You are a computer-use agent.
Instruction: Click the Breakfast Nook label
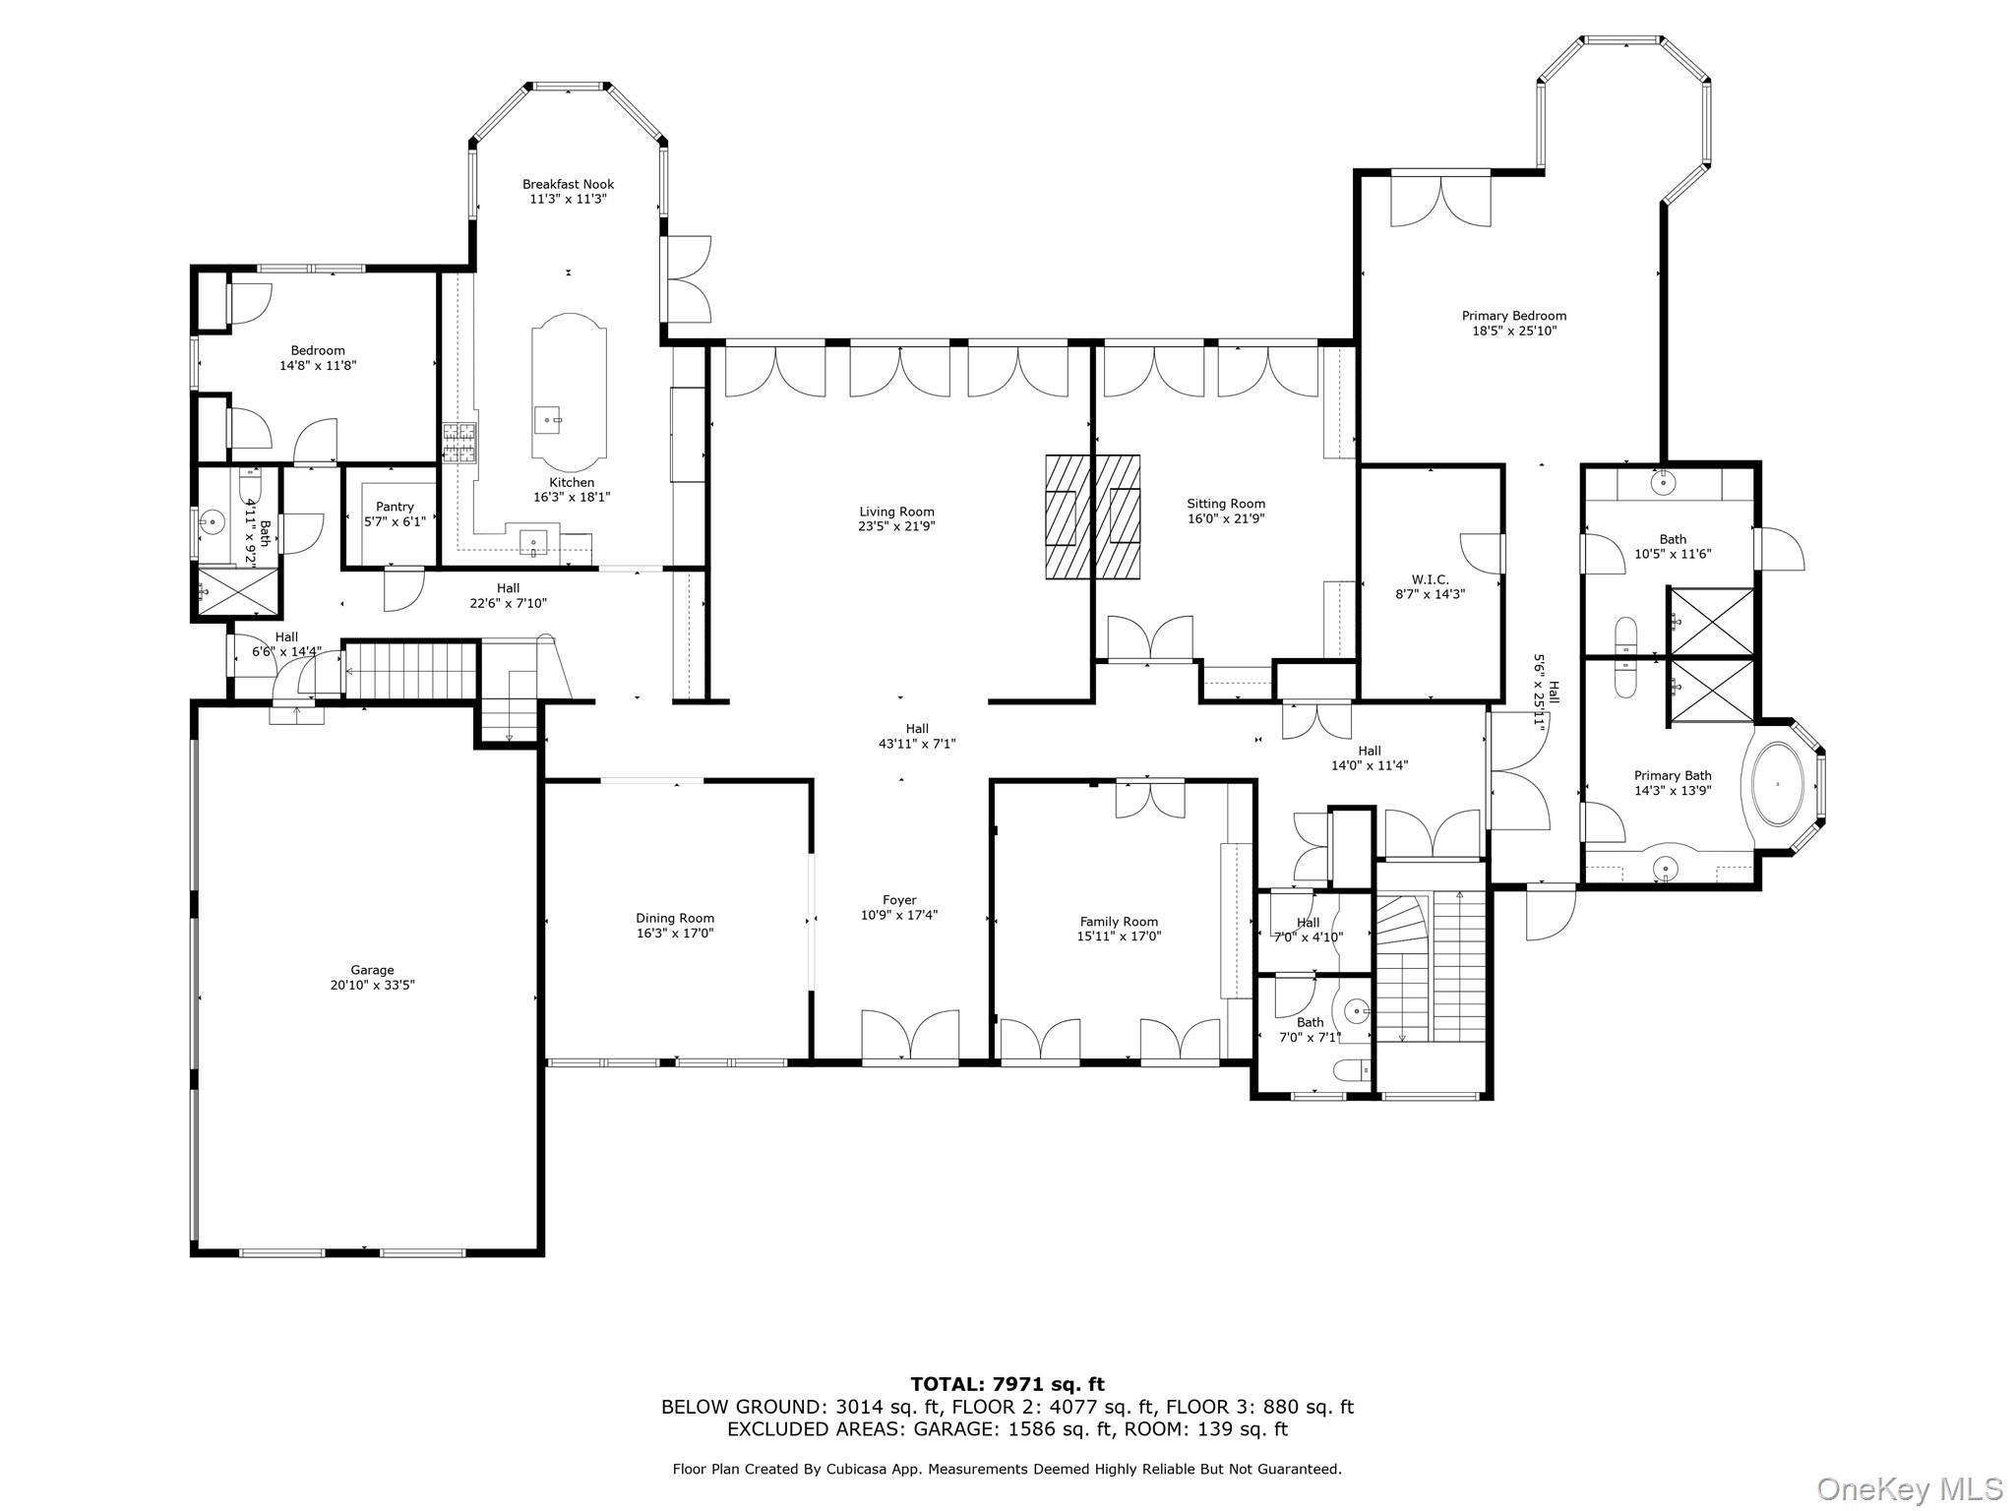[x=568, y=184]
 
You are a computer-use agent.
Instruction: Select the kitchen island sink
[x=547, y=420]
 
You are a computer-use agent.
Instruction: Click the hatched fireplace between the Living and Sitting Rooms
[x=1092, y=516]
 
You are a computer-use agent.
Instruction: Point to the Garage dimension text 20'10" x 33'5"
[x=372, y=985]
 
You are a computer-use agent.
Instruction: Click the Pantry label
[x=395, y=507]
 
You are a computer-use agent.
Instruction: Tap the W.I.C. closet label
[x=1430, y=579]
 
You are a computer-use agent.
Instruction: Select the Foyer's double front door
[x=910, y=1038]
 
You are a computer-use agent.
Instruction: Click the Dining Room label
[x=675, y=918]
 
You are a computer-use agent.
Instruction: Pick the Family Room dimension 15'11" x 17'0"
[x=1119, y=937]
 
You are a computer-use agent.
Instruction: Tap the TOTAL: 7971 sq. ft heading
[x=1007, y=1385]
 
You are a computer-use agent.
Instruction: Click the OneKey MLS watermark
[x=1909, y=1488]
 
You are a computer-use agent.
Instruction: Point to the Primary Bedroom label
[x=1513, y=316]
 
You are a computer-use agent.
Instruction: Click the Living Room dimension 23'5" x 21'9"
[x=896, y=526]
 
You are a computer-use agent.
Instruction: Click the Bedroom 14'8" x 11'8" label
[x=318, y=350]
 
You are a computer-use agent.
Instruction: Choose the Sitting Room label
[x=1225, y=504]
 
